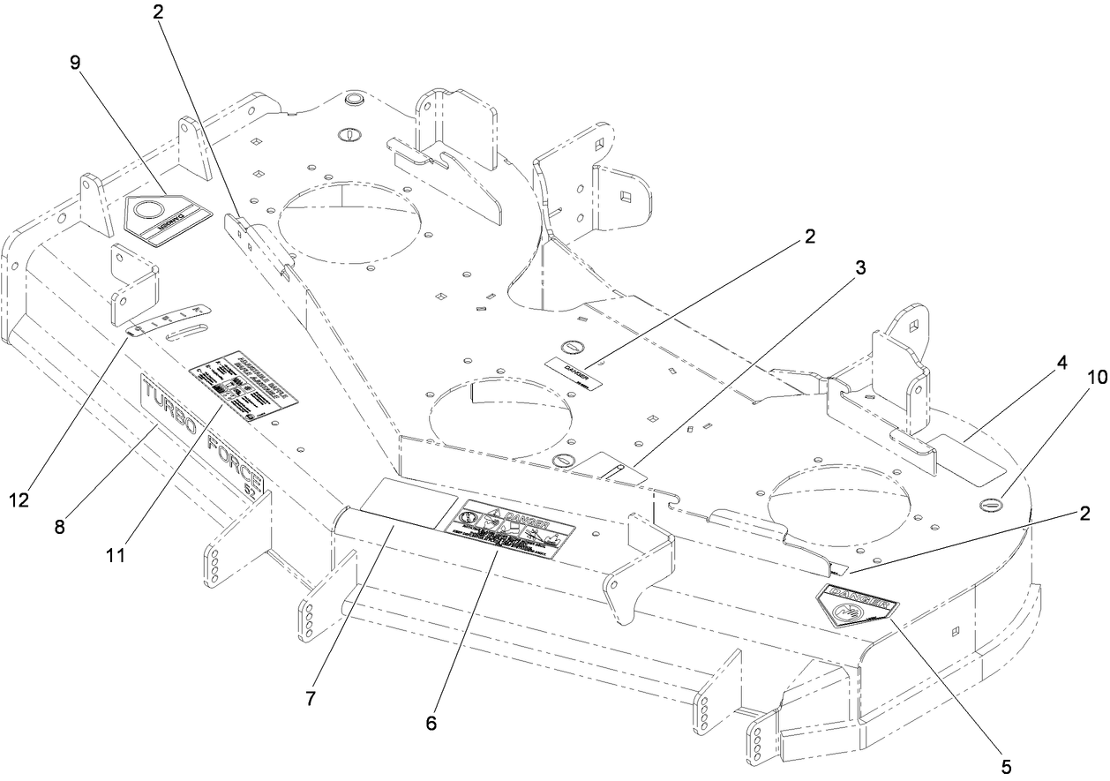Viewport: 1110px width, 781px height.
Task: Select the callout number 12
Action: coord(19,499)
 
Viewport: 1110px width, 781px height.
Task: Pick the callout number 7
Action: coord(310,698)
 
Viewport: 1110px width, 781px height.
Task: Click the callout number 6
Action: coord(431,723)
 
